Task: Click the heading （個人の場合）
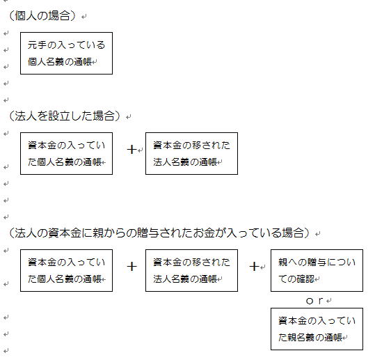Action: pos(42,16)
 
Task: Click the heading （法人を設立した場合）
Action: pos(64,116)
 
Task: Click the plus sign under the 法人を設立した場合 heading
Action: pos(131,150)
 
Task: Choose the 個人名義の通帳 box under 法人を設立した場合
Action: pos(66,153)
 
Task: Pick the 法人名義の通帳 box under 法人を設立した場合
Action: pos(191,153)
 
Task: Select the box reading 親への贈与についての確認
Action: pos(317,270)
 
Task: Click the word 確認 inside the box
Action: pos(305,279)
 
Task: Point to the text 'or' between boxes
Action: pos(314,301)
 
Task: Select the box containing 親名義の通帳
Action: pos(317,329)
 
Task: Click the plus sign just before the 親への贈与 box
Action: pos(254,267)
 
